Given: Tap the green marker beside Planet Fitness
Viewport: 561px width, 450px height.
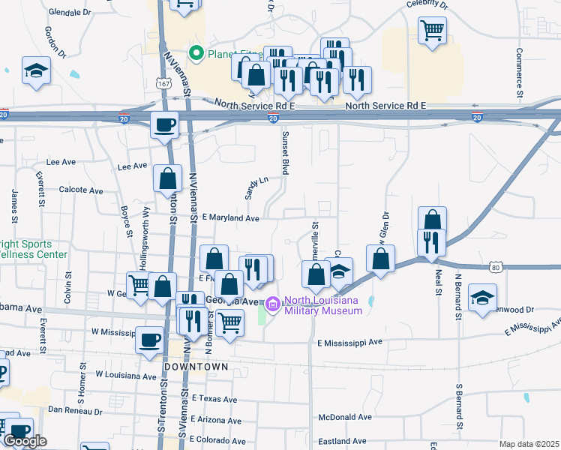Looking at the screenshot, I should coord(196,53).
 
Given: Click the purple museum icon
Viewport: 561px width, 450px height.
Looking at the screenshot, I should coord(271,304).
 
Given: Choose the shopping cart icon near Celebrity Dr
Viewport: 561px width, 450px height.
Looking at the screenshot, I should coord(432,31).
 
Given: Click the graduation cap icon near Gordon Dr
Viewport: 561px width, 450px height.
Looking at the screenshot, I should coord(35,70).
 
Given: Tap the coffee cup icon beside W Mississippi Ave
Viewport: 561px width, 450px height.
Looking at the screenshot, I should coord(149,339).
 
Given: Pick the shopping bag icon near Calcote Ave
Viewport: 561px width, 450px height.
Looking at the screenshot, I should coord(167,178).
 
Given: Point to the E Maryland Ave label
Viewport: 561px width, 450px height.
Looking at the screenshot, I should coord(229,218).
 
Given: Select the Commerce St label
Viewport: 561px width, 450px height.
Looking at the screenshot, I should coord(518,70).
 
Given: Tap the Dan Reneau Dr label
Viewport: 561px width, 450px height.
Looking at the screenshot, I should coord(73,409).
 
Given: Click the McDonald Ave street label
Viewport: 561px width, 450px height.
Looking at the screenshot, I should coord(346,417).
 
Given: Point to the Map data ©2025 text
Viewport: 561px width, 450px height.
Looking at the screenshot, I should coord(528,444).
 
